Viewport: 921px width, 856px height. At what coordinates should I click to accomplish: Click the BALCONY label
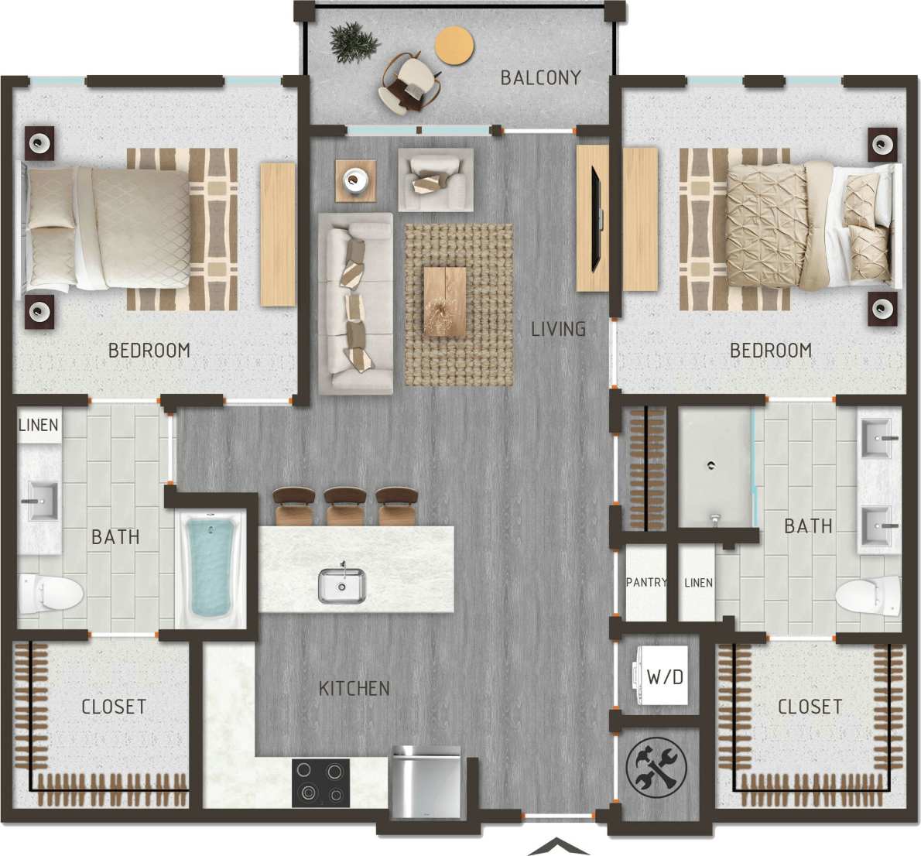[540, 77]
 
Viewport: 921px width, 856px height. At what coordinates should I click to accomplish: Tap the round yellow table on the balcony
[454, 45]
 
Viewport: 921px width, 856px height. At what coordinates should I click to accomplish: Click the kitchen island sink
[341, 585]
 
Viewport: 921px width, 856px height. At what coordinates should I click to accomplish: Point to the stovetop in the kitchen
[320, 782]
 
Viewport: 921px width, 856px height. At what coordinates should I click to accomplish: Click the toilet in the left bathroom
[51, 593]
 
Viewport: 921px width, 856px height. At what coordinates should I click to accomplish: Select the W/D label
[665, 677]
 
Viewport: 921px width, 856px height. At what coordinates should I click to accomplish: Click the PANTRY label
[646, 582]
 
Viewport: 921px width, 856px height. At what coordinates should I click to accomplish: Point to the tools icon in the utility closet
[656, 768]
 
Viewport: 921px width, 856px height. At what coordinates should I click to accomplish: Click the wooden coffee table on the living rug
[444, 302]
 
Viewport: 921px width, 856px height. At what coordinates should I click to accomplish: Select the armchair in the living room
[436, 180]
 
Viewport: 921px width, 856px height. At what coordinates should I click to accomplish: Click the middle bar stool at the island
[346, 505]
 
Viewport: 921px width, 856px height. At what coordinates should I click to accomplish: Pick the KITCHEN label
[354, 688]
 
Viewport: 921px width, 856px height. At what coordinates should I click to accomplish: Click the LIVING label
[558, 329]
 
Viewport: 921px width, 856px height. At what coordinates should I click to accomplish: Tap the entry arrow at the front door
[557, 846]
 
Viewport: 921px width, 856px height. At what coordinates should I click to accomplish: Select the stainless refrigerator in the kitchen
[426, 782]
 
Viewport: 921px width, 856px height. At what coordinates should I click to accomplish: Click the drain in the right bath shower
[710, 465]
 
